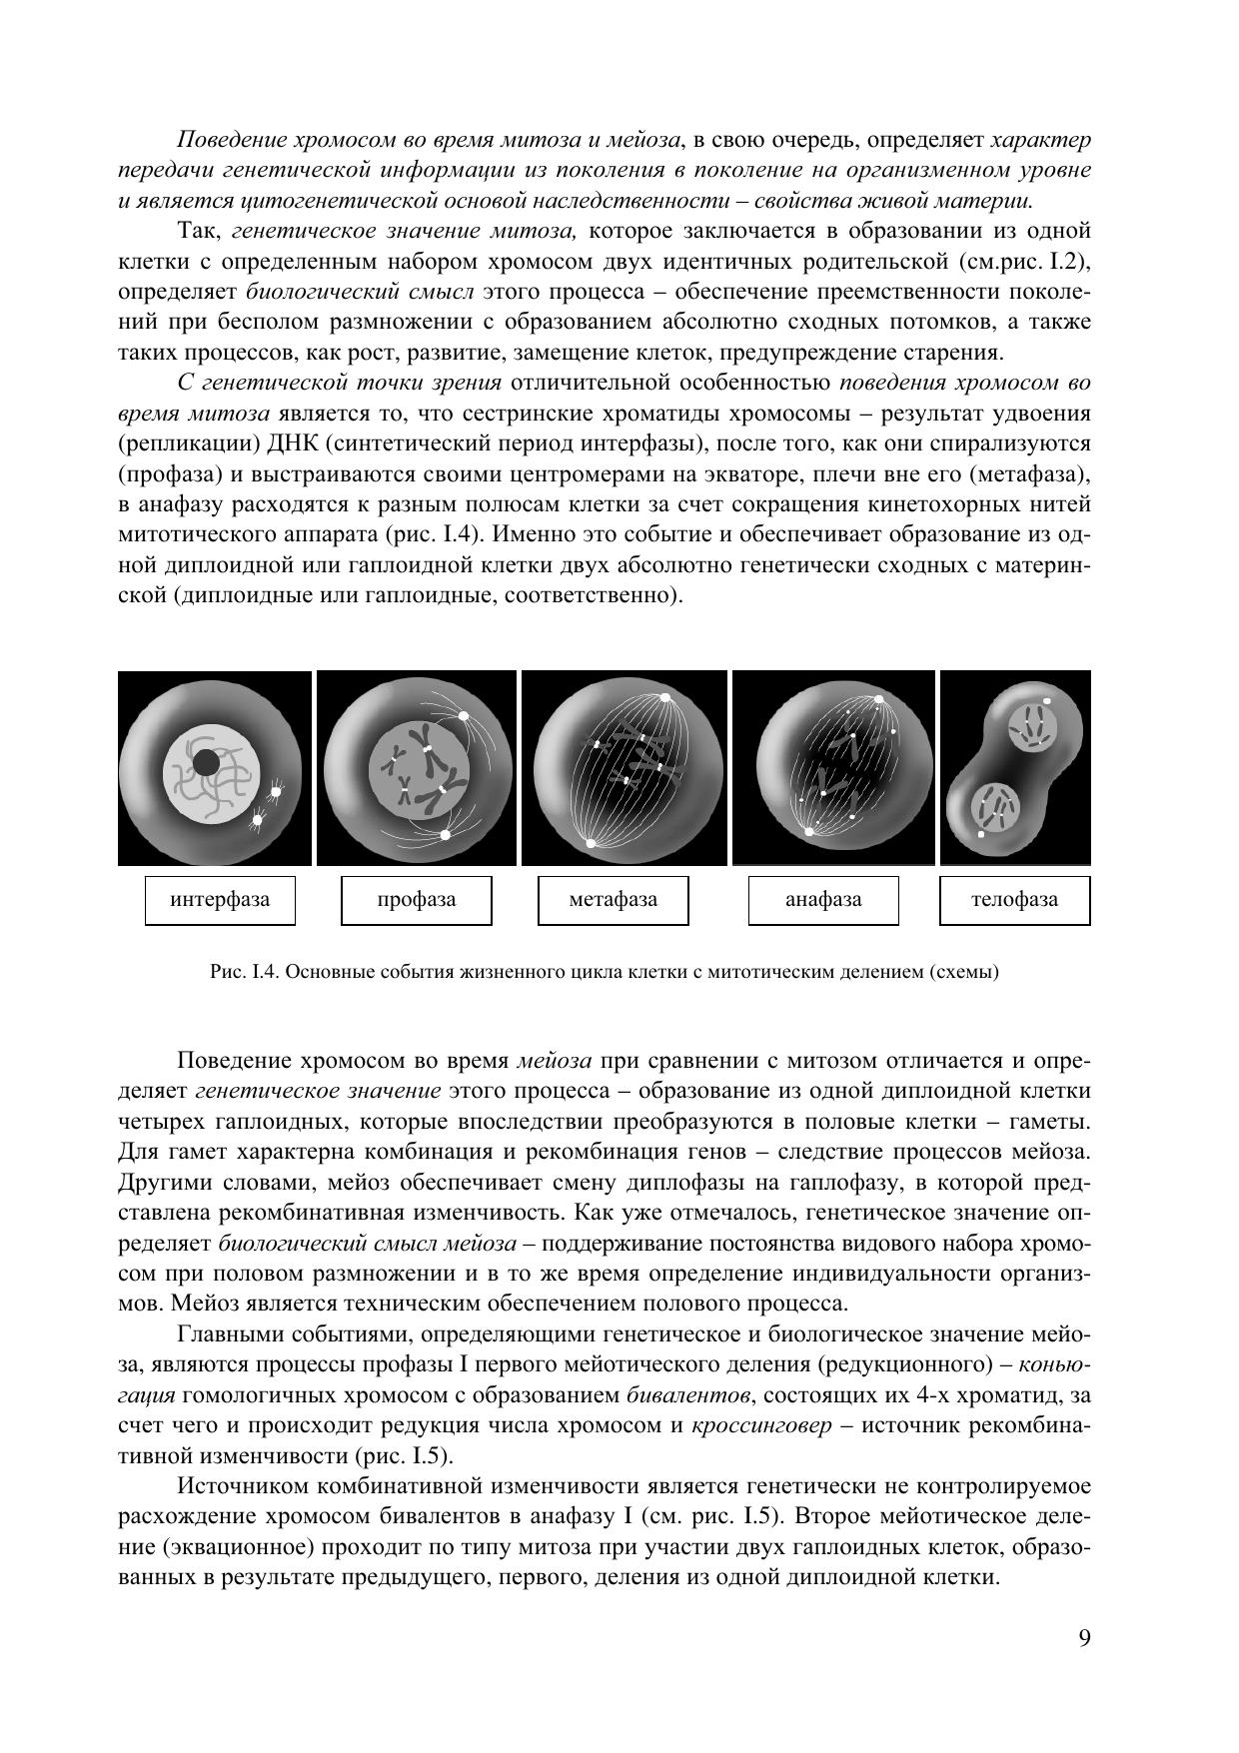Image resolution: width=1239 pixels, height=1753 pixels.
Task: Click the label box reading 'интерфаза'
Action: tap(220, 900)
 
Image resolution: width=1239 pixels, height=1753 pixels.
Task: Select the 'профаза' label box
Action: tap(417, 900)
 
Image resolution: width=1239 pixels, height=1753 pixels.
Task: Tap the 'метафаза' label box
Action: tap(614, 900)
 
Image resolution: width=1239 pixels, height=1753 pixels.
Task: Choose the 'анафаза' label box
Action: tap(823, 900)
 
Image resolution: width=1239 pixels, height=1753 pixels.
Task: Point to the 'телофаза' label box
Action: tap(1014, 900)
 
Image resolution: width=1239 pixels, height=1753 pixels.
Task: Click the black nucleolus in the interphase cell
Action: tap(206, 763)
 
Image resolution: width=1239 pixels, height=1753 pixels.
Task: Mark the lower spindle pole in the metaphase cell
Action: tap(591, 844)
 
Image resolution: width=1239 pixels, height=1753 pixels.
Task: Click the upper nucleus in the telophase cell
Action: tap(1030, 726)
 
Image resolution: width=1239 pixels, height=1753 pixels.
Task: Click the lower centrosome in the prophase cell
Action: tap(446, 834)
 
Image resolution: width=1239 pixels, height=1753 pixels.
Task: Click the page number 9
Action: tap(1084, 1638)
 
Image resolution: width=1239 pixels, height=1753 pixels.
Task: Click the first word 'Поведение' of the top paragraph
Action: tap(222, 140)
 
